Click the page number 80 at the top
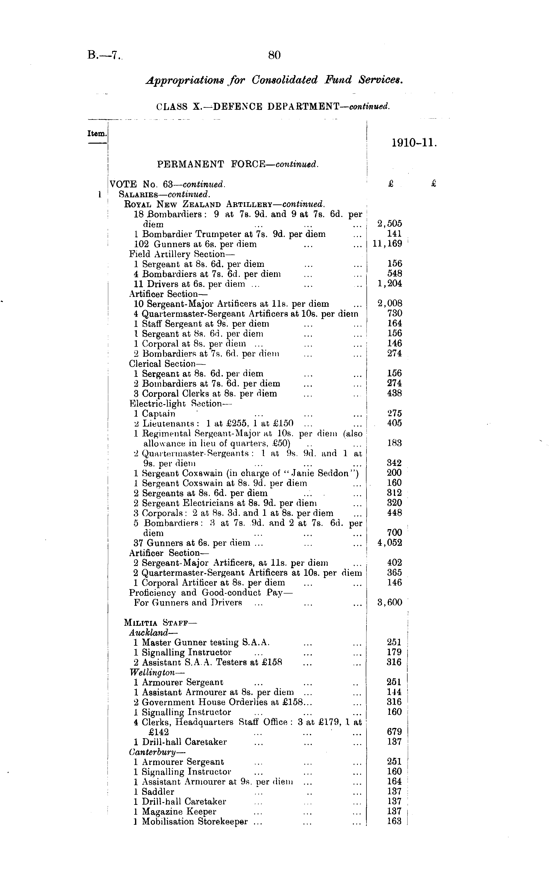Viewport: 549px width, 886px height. click(x=274, y=55)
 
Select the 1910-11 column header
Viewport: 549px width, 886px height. click(x=413, y=143)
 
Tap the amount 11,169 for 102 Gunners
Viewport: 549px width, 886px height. click(x=387, y=244)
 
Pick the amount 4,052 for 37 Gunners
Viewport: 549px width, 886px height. click(x=390, y=543)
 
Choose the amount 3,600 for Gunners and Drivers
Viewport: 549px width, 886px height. click(x=390, y=603)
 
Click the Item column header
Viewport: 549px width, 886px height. click(x=97, y=134)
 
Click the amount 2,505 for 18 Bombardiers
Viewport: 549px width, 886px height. click(x=390, y=224)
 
